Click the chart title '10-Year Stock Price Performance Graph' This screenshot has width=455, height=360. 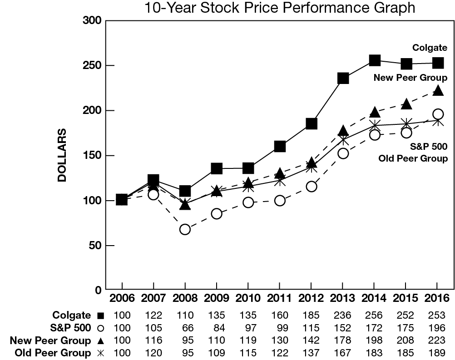[x=279, y=8]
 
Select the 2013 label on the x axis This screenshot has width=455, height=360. [x=343, y=298]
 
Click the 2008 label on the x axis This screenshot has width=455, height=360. [x=185, y=298]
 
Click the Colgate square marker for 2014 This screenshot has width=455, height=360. [x=375, y=60]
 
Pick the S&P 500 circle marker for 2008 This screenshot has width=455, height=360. [x=185, y=229]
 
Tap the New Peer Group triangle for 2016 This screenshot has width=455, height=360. [x=438, y=90]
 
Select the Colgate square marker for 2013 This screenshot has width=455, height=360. [x=343, y=78]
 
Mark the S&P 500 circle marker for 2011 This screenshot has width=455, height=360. [x=280, y=200]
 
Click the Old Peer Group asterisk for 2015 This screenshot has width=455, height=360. [x=406, y=123]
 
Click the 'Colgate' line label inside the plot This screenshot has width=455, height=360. [x=430, y=48]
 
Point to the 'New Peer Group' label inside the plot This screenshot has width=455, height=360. [x=410, y=78]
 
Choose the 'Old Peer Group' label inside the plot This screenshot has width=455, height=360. [x=414, y=158]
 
